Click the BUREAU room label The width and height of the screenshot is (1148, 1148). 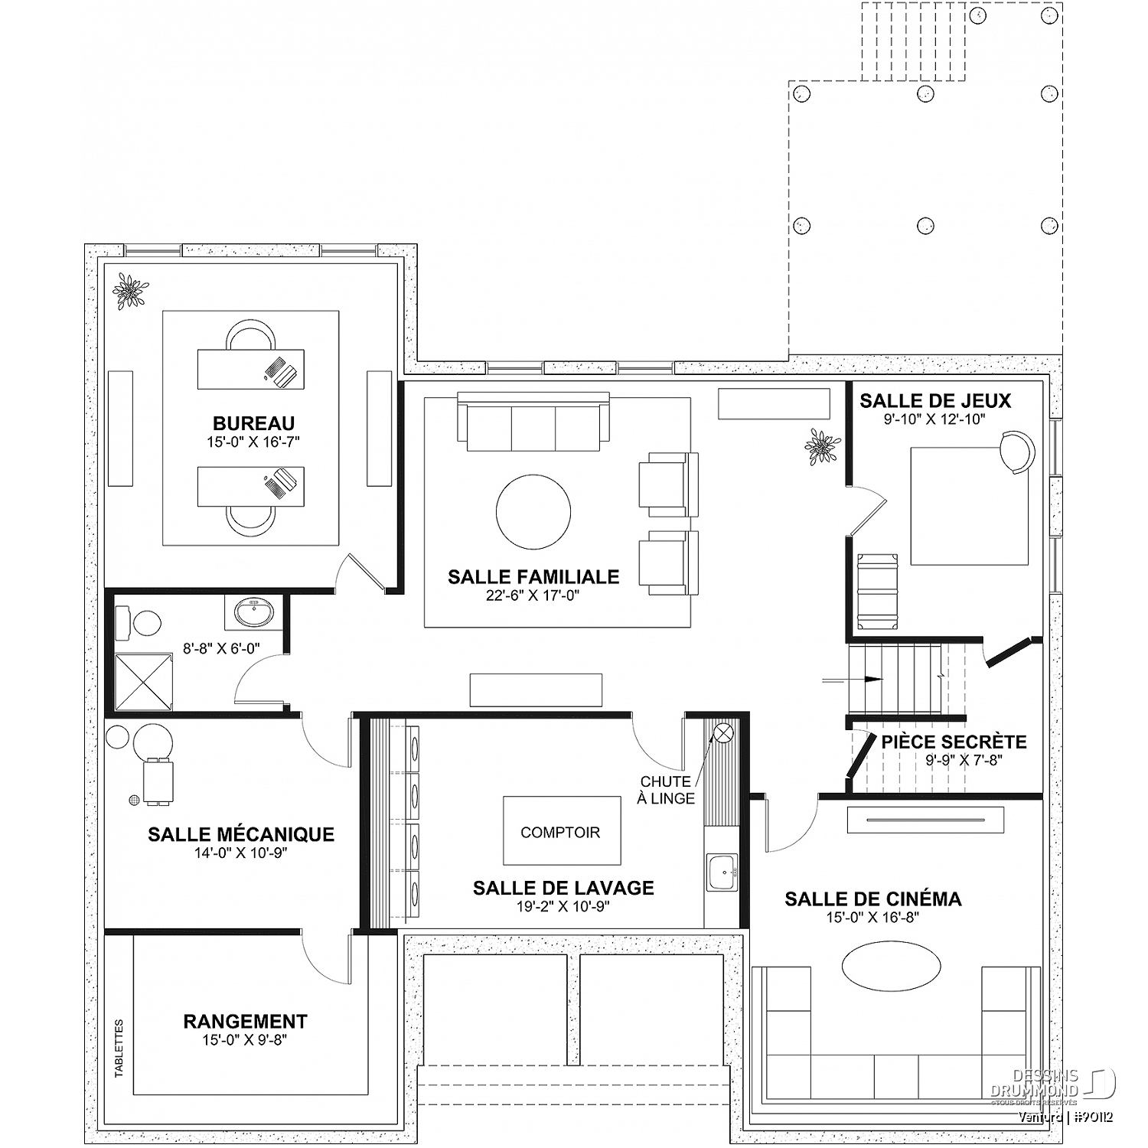tap(253, 423)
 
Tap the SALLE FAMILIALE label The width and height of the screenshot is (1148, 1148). tap(533, 577)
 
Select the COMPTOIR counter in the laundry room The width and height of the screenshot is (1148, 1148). tap(561, 831)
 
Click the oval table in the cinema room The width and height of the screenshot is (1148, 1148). tap(892, 966)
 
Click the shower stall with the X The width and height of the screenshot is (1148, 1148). tap(143, 681)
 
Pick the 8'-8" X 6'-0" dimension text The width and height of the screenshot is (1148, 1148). tap(221, 648)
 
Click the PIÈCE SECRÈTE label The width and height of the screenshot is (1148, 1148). tap(954, 742)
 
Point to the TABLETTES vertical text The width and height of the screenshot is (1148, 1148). tap(119, 1048)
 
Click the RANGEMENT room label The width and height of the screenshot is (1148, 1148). tap(245, 1021)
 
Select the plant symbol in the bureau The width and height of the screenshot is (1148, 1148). tap(131, 292)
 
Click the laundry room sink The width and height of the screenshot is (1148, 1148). tap(722, 872)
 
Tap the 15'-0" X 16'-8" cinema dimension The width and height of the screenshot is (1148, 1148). tap(873, 918)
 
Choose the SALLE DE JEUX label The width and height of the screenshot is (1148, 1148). tap(935, 400)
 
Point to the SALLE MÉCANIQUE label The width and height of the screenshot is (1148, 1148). tap(241, 834)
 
